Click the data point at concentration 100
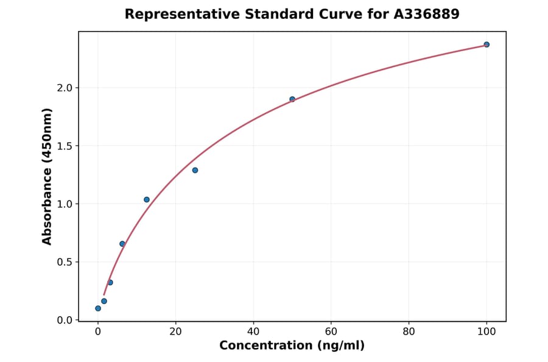click(487, 44)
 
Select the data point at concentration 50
click(292, 99)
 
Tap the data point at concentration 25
click(195, 170)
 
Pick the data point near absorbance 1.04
click(147, 199)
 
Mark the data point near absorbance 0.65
click(122, 244)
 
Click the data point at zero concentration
click(98, 308)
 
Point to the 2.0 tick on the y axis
click(65, 88)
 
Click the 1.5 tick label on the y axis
click(65, 146)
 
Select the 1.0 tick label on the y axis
click(65, 204)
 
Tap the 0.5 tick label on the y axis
click(65, 262)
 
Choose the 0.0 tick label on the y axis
click(65, 320)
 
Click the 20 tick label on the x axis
click(175, 332)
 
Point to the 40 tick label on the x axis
click(253, 332)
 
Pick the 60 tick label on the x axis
click(331, 332)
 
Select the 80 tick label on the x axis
click(409, 332)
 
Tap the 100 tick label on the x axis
click(487, 332)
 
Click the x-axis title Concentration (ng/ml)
click(292, 346)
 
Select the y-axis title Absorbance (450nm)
click(47, 176)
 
